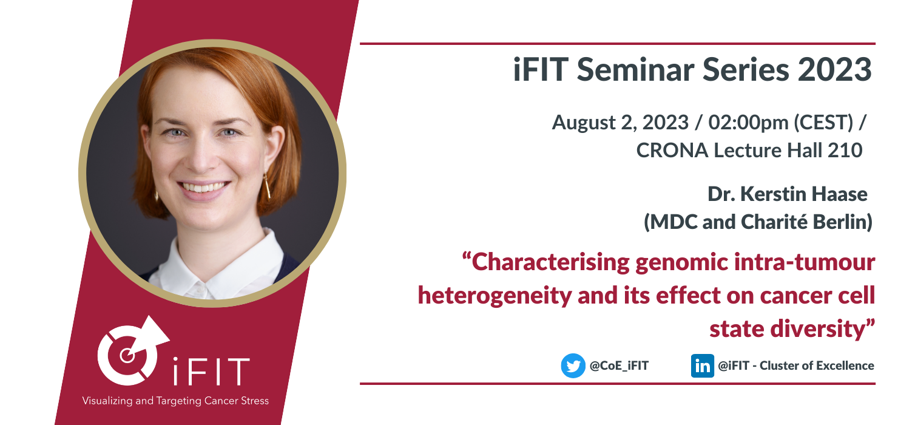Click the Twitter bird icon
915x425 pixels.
point(573,365)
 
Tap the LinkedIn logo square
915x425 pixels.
point(702,365)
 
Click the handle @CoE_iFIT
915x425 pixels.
point(619,365)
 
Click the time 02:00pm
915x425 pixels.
point(748,123)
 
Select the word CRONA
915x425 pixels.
point(672,151)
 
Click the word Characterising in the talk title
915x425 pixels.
point(551,262)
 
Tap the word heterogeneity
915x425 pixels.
point(495,296)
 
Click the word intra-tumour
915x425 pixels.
point(805,262)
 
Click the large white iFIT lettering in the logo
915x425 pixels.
point(211,371)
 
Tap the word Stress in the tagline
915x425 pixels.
point(255,401)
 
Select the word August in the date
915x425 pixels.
point(583,123)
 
